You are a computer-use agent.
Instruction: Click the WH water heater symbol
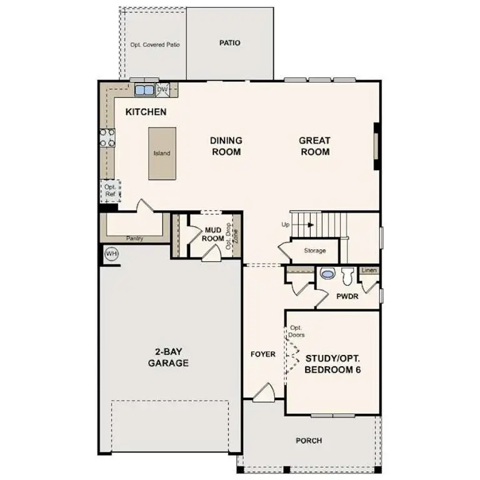[x=111, y=254]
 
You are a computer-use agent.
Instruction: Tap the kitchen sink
[x=144, y=90]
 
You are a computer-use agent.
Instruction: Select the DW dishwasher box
[x=162, y=90]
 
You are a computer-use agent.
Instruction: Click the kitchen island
[x=162, y=153]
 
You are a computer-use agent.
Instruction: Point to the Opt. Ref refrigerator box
[x=111, y=191]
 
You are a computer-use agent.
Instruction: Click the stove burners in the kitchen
[x=107, y=137]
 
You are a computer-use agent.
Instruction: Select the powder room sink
[x=327, y=274]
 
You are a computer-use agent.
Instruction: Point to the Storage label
[x=315, y=251]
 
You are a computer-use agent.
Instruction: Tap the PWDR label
[x=347, y=296]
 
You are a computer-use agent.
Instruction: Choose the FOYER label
[x=263, y=354]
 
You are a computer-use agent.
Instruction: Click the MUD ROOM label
[x=214, y=234]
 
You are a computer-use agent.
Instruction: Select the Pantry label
[x=135, y=238]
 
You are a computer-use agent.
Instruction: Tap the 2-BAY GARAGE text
[x=169, y=357]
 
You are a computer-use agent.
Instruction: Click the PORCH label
[x=309, y=441]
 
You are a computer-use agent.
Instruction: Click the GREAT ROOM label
[x=314, y=146]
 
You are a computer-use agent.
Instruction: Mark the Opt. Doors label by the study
[x=296, y=331]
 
